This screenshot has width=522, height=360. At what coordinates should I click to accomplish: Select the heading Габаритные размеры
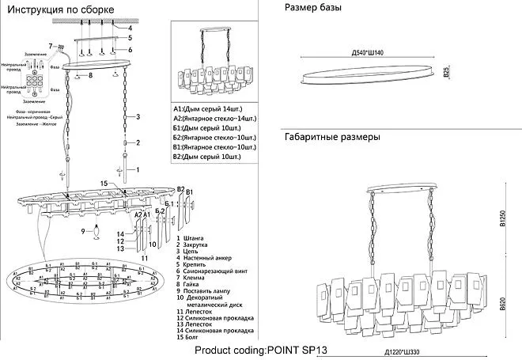(332, 137)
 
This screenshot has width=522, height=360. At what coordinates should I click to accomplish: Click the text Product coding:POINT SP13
(261, 349)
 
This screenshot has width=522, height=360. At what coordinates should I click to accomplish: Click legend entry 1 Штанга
(191, 238)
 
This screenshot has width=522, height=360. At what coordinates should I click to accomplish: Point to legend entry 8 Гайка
(189, 285)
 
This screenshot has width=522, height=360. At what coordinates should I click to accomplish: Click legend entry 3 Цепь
(188, 252)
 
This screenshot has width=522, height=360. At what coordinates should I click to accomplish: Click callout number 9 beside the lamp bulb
(83, 231)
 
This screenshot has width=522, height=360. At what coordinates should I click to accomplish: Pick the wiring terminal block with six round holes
(36, 82)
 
